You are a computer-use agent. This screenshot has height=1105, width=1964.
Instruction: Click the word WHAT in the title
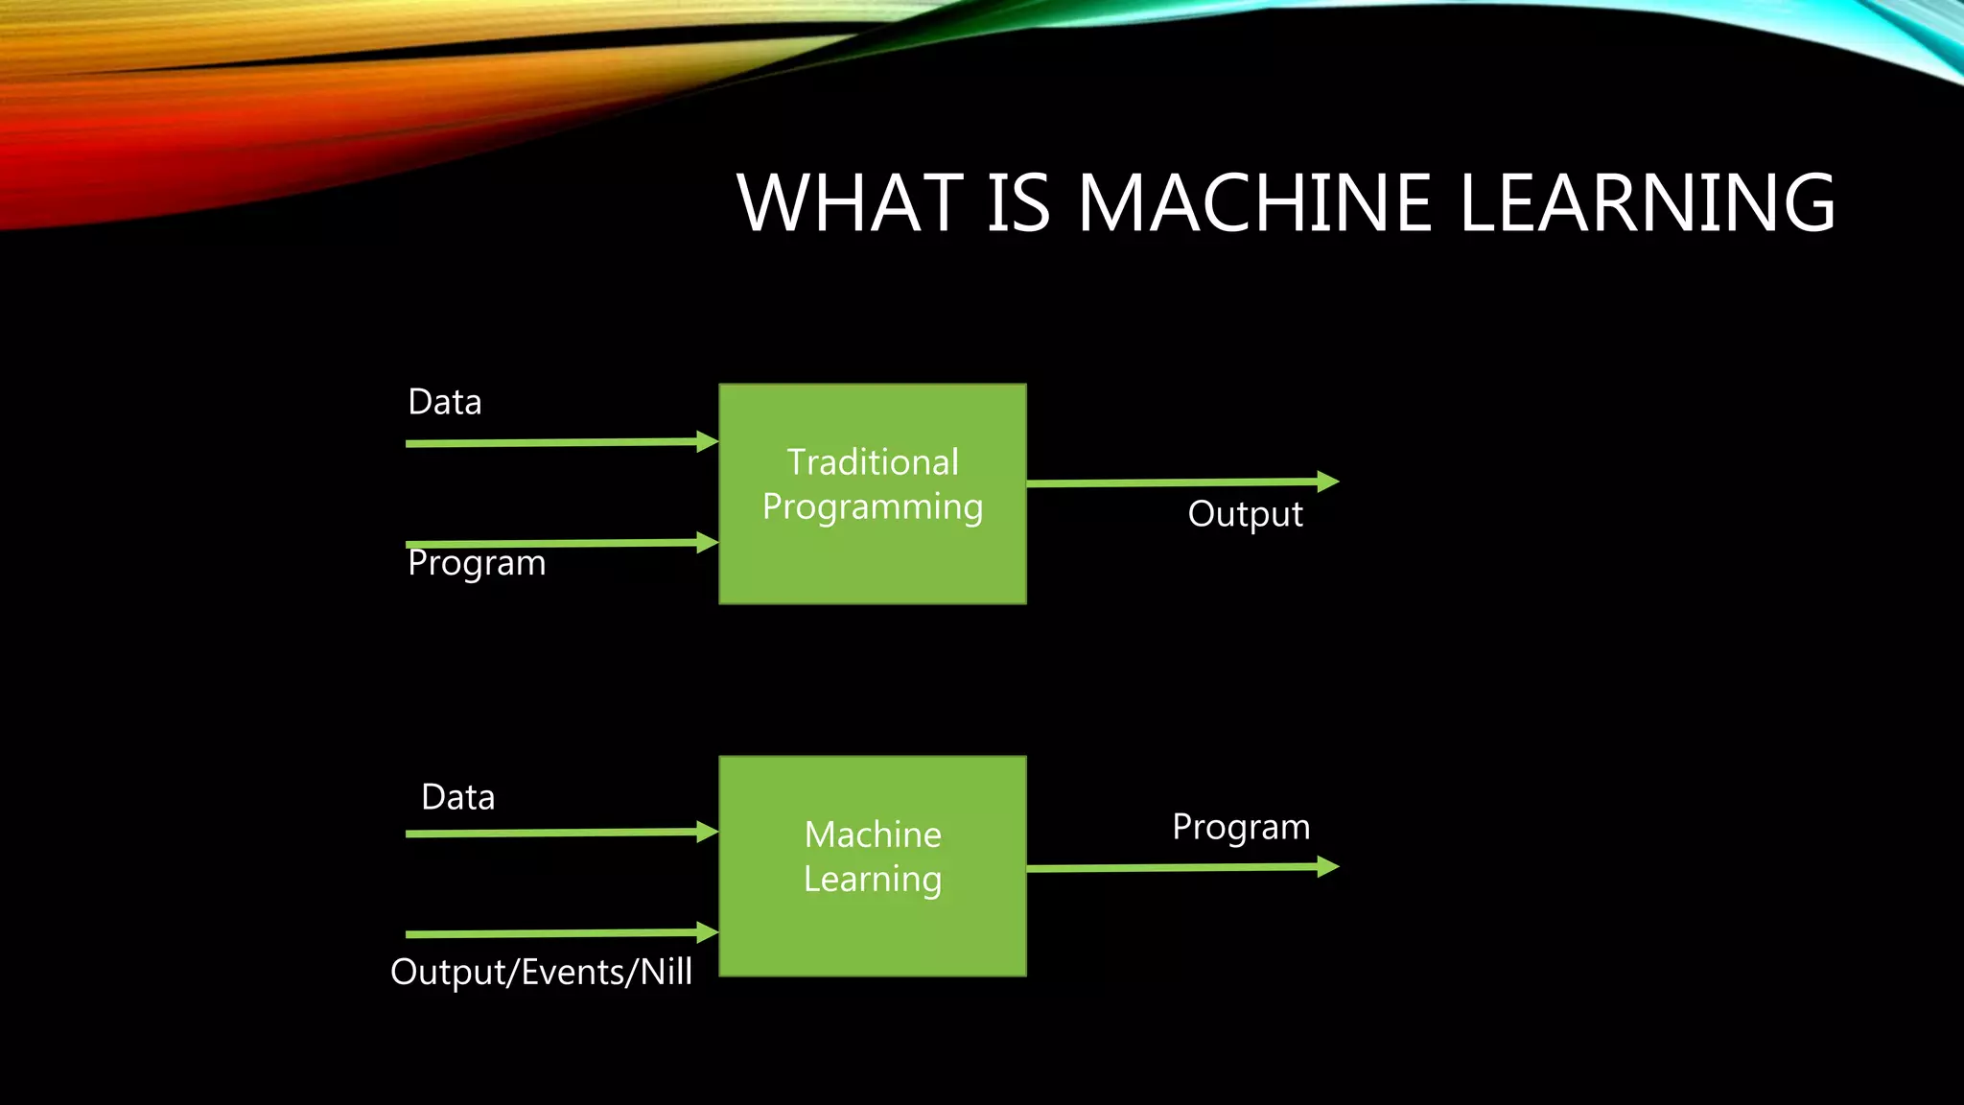click(x=850, y=203)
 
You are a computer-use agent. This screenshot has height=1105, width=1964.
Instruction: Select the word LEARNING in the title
click(x=1646, y=203)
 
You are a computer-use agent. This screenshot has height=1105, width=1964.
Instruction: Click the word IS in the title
click(x=1018, y=203)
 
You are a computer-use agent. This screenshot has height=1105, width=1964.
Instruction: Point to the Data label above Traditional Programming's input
click(x=445, y=402)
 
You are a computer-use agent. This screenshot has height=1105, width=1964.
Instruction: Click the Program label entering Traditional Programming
click(x=477, y=563)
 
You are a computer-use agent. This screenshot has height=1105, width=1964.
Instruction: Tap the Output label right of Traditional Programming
click(x=1245, y=514)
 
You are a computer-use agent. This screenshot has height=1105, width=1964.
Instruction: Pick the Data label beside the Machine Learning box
click(x=458, y=797)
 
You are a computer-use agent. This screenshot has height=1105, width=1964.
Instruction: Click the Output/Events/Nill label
click(x=541, y=972)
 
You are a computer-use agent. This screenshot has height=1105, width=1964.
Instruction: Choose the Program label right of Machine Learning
click(x=1241, y=827)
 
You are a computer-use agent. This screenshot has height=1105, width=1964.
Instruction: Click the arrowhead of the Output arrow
click(x=1327, y=481)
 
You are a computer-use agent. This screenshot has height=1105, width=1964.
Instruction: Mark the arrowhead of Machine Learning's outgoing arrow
click(x=1327, y=867)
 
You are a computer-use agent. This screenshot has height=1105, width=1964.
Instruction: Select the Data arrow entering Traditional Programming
click(x=556, y=442)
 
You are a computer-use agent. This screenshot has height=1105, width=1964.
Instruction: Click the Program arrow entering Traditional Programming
click(x=556, y=543)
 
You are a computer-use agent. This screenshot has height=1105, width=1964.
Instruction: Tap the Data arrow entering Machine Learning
click(x=556, y=833)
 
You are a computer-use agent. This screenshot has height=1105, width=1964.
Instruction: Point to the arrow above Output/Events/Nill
click(x=556, y=932)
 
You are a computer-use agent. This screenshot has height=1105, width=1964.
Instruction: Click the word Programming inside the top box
click(x=873, y=506)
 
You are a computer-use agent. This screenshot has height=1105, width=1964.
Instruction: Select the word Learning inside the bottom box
click(x=873, y=879)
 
